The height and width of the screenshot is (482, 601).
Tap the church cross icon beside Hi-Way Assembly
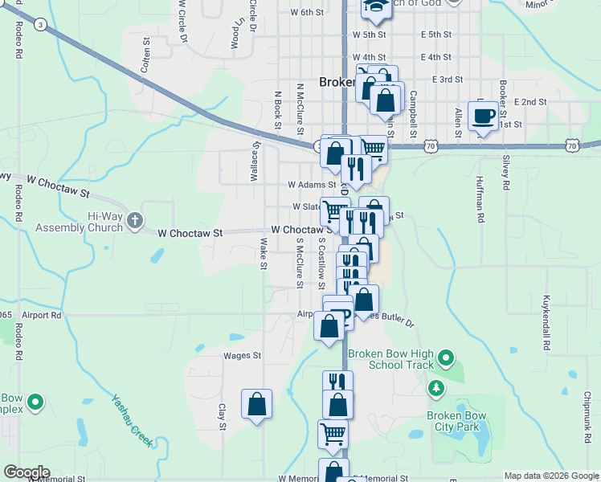click(x=135, y=219)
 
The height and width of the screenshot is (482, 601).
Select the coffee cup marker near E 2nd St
click(x=482, y=116)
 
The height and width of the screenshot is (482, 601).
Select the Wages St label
click(x=243, y=355)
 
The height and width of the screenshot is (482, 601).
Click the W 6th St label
click(x=307, y=13)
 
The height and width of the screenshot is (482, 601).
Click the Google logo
click(x=26, y=472)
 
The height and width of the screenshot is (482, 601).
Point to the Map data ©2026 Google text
click(x=551, y=476)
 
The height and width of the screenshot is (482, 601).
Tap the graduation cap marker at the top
click(x=374, y=9)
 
